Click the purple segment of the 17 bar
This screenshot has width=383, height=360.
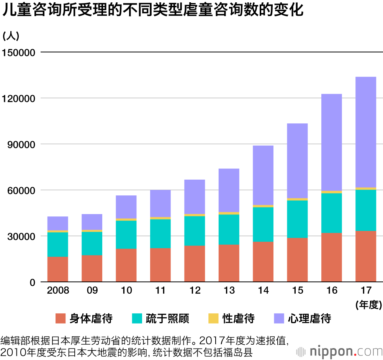coord(365,132)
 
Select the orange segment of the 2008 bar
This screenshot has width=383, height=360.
coord(57,269)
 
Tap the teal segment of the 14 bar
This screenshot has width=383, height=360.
coord(263,224)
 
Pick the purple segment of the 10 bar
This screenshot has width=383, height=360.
coord(126,207)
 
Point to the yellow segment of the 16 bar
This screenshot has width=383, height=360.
coord(331,192)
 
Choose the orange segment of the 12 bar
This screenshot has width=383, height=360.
coord(195,263)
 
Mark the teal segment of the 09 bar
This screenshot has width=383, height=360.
coord(92,243)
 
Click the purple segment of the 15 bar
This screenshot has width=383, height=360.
coord(297,160)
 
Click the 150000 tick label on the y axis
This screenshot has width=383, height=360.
coord(19,52)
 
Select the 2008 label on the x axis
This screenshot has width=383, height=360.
coord(58,290)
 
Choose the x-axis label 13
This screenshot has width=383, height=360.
coord(229,290)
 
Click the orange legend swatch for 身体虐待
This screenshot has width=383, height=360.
coord(61,318)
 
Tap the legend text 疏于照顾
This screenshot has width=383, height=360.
coord(167,318)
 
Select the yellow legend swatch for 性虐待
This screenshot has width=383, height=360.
coord(213,318)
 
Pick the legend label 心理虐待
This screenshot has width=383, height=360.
coord(309,318)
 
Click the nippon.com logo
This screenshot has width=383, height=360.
coord(339,351)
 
